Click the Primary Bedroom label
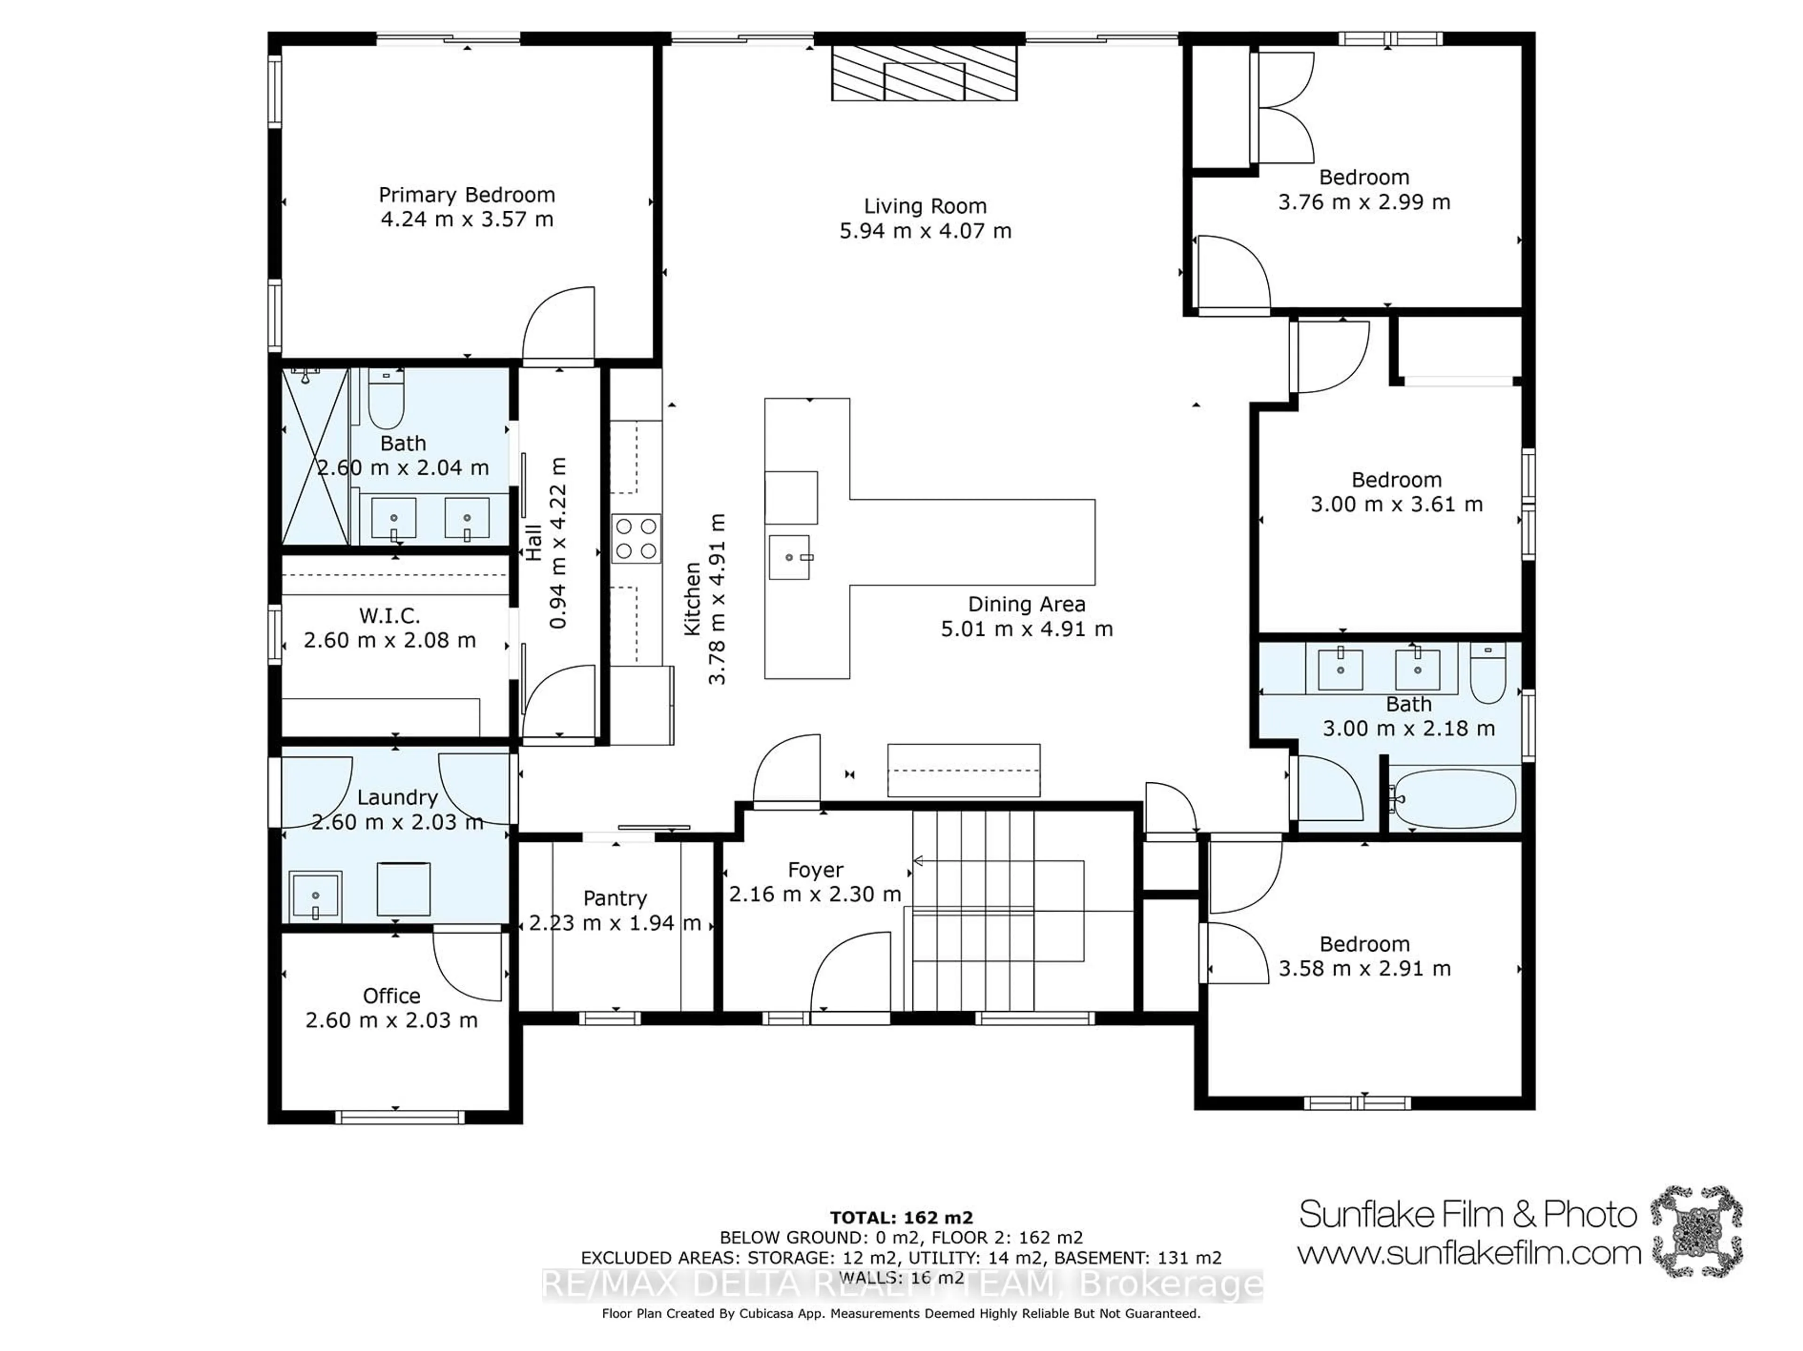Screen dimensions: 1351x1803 (466, 195)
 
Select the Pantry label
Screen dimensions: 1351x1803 (615, 898)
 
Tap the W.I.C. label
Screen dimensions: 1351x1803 (390, 615)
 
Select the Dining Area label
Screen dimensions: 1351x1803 (1026, 604)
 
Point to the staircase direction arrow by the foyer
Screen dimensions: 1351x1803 (918, 861)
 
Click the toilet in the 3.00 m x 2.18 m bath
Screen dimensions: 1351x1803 (1488, 675)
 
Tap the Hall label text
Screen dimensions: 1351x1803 (533, 542)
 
